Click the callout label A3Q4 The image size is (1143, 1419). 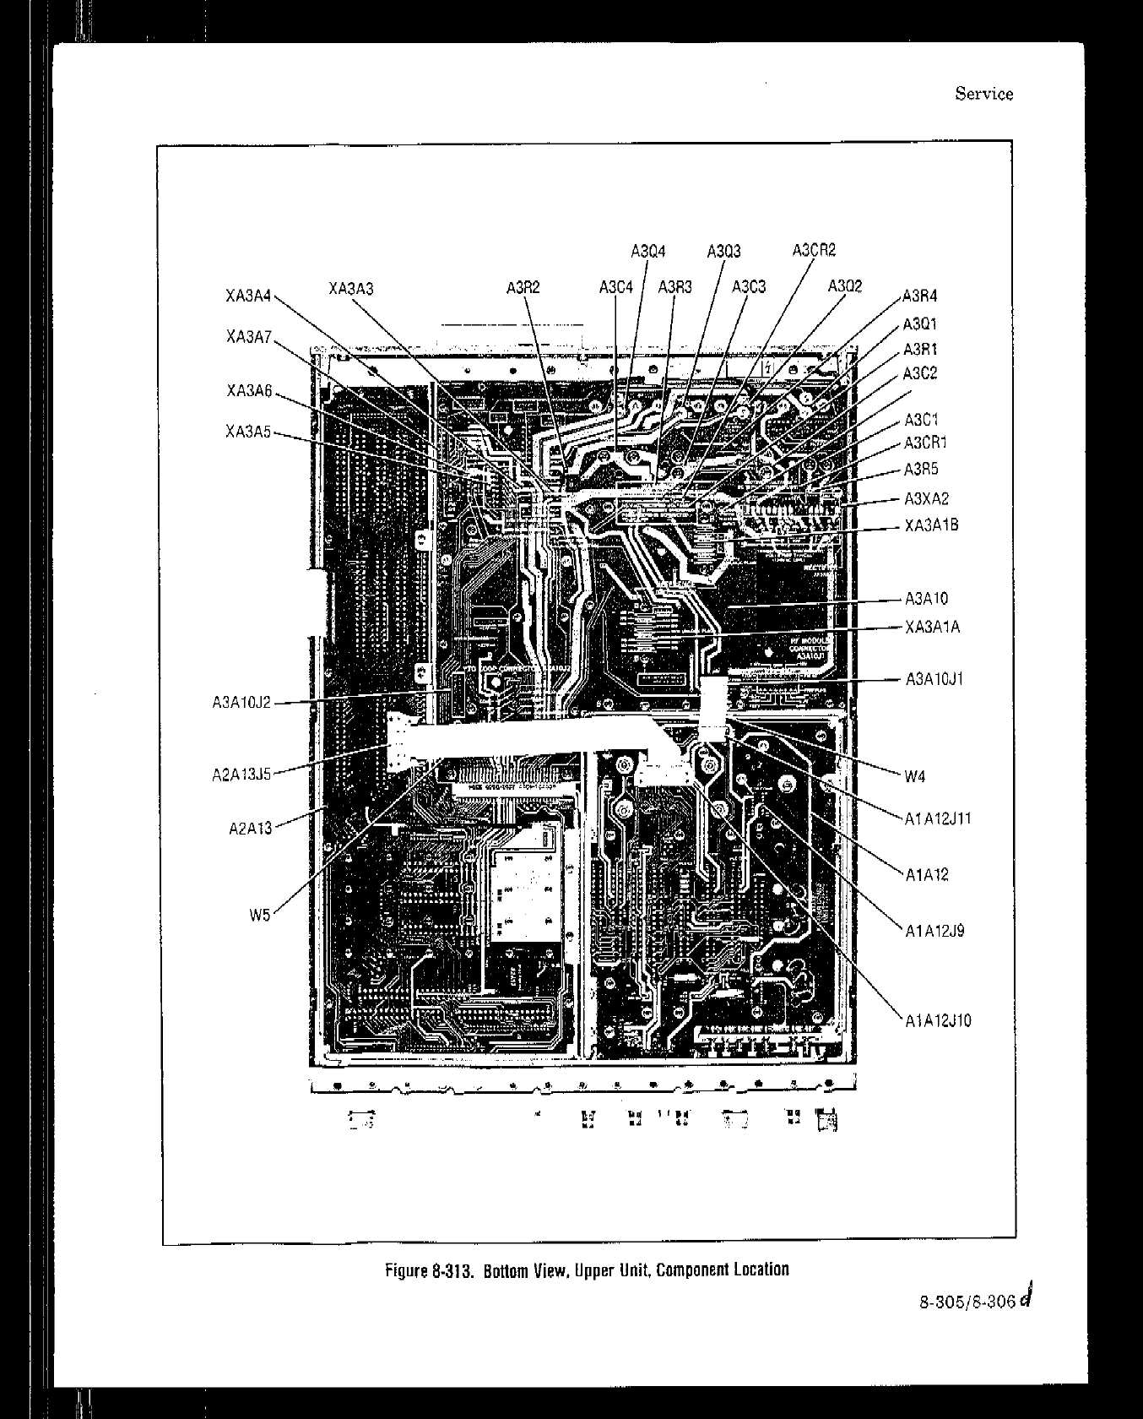coord(647,251)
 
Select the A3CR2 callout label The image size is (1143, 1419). coord(814,250)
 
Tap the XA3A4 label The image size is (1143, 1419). coord(248,296)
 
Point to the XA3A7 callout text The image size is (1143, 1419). coord(248,337)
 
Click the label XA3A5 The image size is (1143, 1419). coord(248,432)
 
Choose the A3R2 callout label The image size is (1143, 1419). coord(523,288)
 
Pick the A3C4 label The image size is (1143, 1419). coord(615,287)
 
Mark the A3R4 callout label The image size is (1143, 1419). coord(919,296)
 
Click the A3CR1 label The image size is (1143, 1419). coord(925,443)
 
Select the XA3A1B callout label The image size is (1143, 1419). coord(931,525)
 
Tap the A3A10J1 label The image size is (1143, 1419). coord(934,679)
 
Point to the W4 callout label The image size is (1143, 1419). coord(915,777)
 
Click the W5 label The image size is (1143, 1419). coord(260,913)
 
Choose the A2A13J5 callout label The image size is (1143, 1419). coord(241,774)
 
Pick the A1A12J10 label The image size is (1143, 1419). coord(938,1020)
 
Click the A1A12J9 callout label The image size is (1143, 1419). coord(934,931)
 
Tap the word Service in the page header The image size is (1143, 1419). coord(983,94)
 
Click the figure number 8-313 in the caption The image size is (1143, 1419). coord(453,1269)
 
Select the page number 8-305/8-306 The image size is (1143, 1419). coord(967,1301)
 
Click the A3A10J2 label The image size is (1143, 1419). coord(241,702)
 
